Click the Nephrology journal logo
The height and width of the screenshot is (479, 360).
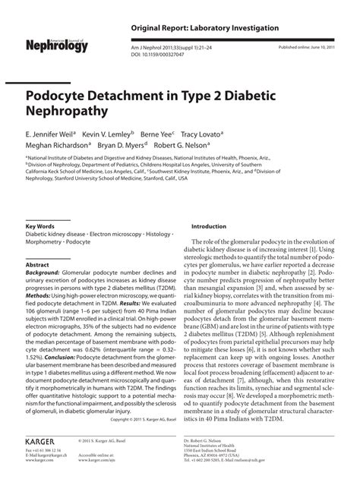coord(57,46)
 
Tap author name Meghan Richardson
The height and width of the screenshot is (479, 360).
coord(58,146)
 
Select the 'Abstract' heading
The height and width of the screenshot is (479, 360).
coord(37,265)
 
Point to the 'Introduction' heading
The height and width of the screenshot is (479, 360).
coord(209,227)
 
